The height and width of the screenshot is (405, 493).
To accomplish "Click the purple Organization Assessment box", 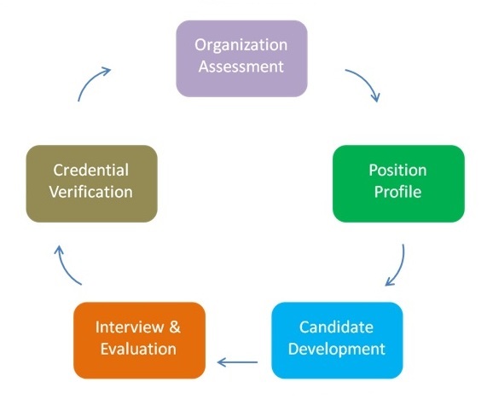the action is (x=241, y=59).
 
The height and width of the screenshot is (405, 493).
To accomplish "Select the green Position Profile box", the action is (x=398, y=183).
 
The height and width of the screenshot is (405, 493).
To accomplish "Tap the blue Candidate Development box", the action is (x=337, y=340).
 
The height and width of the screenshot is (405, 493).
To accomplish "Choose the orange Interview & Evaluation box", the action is (x=139, y=340).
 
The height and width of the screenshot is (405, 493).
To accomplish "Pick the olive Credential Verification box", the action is (x=91, y=183).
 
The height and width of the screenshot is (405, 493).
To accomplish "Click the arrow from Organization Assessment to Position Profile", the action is (x=366, y=80).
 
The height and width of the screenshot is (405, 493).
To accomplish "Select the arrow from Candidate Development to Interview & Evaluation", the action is (x=237, y=362).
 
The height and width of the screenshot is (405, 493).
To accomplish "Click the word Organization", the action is (x=241, y=46).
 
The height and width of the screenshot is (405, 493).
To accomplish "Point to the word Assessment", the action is (x=241, y=67).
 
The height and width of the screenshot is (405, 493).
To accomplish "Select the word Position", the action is (x=397, y=170).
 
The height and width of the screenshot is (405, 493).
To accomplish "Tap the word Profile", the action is (x=397, y=191).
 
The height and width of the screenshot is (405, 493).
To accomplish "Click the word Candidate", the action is (x=336, y=327).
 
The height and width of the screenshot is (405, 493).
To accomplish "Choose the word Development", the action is (x=337, y=350).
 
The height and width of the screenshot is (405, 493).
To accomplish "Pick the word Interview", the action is (x=130, y=327).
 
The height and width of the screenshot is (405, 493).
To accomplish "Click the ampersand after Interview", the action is (x=175, y=327).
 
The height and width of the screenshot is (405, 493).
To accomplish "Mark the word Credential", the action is (x=91, y=170).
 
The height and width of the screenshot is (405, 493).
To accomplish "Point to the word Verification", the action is (x=91, y=191).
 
